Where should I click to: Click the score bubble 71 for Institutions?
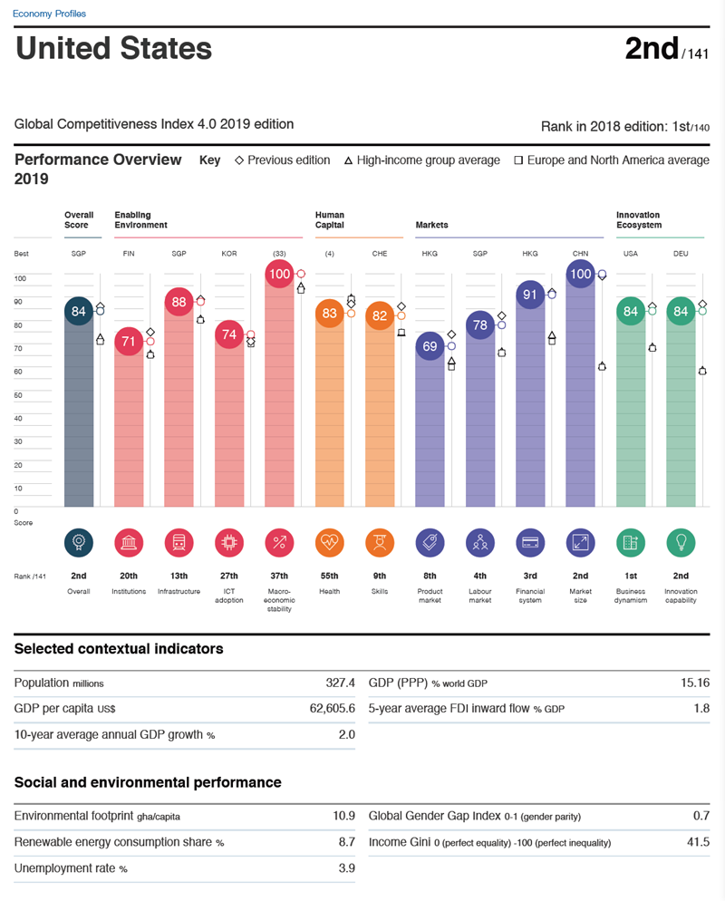pos(128,342)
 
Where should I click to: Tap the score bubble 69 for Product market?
pos(430,346)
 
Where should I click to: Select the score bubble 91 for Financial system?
pos(530,295)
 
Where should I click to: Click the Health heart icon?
pos(329,542)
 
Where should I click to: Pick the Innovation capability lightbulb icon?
pos(681,542)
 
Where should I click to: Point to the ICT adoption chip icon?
pos(228,542)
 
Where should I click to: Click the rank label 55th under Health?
pos(329,576)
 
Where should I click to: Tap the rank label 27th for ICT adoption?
pos(228,576)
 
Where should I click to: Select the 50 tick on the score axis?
pos(19,395)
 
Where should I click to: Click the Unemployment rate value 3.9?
pos(344,867)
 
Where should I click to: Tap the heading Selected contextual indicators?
pos(119,648)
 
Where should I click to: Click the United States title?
pos(114,48)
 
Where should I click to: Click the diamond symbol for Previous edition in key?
pos(239,160)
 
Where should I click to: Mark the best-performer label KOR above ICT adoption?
pos(228,254)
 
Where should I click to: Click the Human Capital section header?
pos(330,220)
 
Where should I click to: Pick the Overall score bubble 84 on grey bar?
pos(78,312)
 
